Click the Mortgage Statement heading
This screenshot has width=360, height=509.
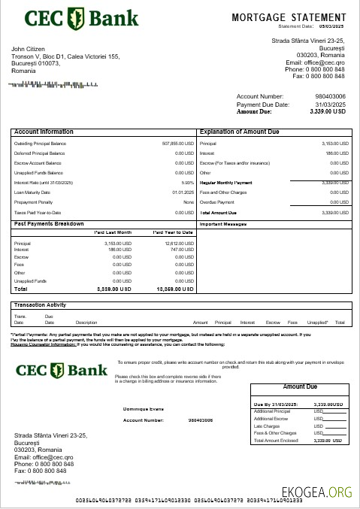tap(288, 17)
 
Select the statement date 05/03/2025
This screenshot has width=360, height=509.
tap(331, 26)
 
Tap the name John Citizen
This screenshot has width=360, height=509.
tap(29, 49)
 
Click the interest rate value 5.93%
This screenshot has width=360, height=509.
tap(187, 183)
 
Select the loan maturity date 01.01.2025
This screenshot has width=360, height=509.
tap(183, 192)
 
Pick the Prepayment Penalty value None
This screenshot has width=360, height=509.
tap(188, 202)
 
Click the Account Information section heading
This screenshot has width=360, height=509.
tap(44, 132)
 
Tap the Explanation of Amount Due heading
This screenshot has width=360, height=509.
tap(239, 132)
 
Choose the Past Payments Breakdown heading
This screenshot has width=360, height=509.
tap(49, 223)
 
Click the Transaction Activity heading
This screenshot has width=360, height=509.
tap(41, 304)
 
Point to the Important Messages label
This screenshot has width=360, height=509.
tap(223, 224)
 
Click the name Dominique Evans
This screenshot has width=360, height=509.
tap(143, 409)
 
